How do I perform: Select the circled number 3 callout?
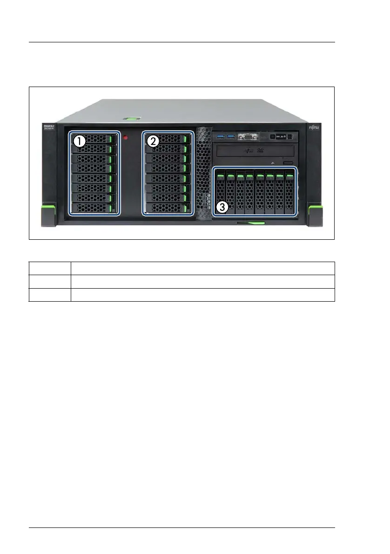[x=222, y=208]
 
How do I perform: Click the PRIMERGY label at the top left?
[x=48, y=127]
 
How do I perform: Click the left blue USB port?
[x=220, y=136]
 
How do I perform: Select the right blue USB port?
[x=230, y=136]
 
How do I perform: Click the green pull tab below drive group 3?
[x=251, y=223]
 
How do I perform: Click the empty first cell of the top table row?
[x=50, y=268]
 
